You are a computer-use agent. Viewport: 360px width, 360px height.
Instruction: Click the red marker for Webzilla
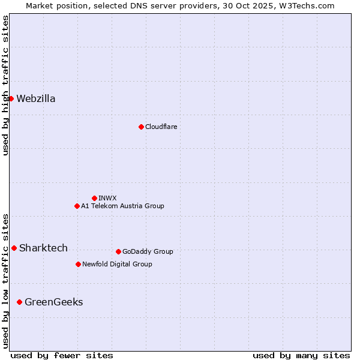point(11,98)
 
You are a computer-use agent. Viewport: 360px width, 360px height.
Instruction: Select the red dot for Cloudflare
point(141,127)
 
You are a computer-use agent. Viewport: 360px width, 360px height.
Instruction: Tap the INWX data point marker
point(94,198)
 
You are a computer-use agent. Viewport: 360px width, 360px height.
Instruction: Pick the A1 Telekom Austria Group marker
point(77,206)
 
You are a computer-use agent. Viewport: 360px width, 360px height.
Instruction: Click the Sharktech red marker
point(14,248)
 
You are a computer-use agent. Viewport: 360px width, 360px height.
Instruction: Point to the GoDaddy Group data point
point(118,251)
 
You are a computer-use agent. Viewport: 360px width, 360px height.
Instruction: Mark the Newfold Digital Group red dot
point(78,264)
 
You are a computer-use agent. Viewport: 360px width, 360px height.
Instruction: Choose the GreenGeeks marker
point(19,302)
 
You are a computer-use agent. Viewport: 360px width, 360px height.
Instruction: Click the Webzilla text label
point(36,99)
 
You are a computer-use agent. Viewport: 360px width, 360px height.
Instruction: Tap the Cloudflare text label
point(161,127)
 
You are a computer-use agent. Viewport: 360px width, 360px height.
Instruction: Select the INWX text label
point(107,198)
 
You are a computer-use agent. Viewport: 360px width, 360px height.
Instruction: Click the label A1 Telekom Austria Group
point(122,206)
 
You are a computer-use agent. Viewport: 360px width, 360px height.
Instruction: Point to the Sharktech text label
point(43,248)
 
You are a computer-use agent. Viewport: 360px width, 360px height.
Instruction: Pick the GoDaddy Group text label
point(148,251)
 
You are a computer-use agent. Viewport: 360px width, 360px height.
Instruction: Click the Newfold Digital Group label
point(117,264)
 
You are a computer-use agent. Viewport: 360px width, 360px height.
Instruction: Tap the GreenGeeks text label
point(53,302)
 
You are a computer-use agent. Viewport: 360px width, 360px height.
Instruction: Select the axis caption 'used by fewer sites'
point(62,355)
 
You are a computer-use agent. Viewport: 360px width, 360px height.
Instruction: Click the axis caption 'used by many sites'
point(301,355)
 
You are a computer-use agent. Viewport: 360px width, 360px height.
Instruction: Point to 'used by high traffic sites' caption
point(5,85)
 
